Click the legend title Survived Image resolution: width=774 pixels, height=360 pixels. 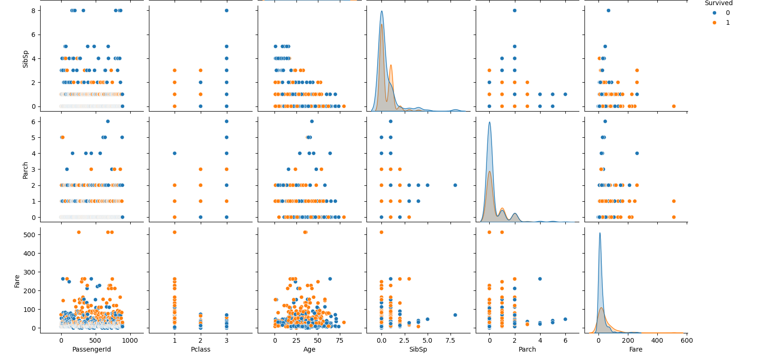click(718, 3)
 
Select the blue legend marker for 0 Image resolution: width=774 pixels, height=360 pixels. click(714, 13)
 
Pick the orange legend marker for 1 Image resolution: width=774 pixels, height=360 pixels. click(714, 23)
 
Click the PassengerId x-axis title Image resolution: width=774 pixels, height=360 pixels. click(91, 349)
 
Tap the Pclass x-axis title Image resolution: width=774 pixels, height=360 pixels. click(200, 349)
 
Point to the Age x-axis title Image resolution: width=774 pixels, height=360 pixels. click(309, 349)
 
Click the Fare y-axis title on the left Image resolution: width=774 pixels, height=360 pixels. click(17, 281)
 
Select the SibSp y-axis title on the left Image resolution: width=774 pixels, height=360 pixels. click(26, 59)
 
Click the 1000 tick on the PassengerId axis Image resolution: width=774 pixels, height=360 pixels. click(130, 340)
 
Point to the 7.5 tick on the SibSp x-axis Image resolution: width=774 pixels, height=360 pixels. click(450, 340)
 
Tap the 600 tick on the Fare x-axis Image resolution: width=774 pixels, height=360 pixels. click(686, 340)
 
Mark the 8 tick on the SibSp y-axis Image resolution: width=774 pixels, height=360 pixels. click(33, 11)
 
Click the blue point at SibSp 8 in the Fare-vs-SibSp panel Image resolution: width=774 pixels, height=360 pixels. click(455, 315)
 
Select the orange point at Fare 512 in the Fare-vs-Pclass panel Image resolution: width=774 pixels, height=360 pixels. click(175, 232)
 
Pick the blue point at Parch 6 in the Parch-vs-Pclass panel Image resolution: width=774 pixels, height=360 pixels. click(226, 121)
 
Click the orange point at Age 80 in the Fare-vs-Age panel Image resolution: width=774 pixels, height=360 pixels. click(344, 322)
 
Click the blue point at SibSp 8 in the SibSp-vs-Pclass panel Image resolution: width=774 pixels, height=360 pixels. click(226, 10)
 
